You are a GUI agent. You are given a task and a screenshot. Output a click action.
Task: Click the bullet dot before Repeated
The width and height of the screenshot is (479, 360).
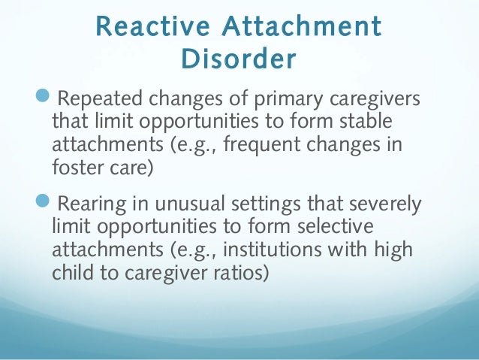(x=44, y=98)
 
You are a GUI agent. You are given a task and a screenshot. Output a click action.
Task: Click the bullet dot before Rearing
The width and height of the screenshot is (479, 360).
(x=44, y=203)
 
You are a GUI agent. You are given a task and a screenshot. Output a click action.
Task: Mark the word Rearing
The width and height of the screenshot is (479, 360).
(x=89, y=204)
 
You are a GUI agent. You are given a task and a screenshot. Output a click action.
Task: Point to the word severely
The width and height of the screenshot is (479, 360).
(x=381, y=204)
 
